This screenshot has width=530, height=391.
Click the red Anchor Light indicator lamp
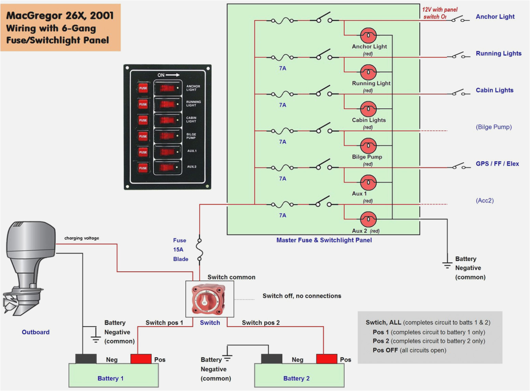368,35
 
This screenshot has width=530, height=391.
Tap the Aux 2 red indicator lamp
368,219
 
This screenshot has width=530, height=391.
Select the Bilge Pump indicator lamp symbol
368,146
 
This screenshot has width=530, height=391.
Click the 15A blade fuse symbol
199,250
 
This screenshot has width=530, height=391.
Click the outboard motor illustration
29,267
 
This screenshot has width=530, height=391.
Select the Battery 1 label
110,378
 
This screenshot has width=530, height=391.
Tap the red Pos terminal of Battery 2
326,359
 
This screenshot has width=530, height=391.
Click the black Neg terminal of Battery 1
86,359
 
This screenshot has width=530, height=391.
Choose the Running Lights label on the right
498,53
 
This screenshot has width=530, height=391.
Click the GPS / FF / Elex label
497,164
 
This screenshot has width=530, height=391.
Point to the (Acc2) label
485,201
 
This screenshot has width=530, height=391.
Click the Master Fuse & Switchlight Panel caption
324,240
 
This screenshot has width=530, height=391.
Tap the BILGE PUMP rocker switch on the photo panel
167,136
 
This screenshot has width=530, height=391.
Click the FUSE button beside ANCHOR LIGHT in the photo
143,88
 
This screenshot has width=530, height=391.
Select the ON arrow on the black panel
168,75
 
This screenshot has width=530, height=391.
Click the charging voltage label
82,238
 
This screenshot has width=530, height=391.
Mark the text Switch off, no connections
302,296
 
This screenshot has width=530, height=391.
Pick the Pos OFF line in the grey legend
409,350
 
